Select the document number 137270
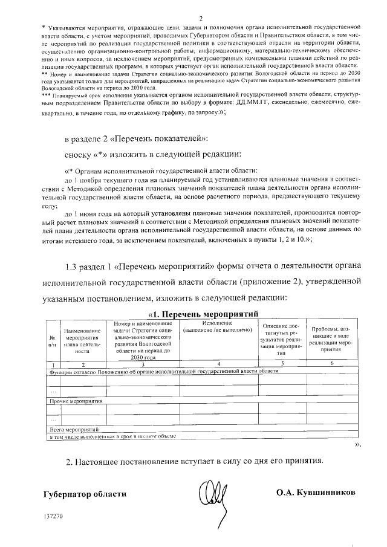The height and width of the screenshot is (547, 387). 54,517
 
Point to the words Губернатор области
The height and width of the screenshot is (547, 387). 85,494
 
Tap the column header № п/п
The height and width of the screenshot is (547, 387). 52,340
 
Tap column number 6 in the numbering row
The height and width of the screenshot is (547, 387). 331,364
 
